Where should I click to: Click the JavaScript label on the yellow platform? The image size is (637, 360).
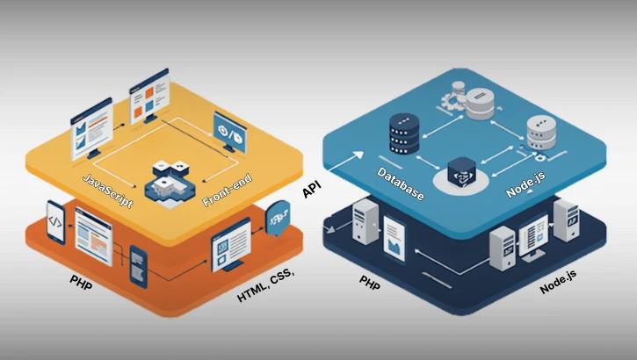(107, 190)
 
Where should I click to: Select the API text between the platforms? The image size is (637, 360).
(312, 191)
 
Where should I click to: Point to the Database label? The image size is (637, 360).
(401, 183)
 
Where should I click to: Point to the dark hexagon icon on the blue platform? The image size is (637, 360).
(463, 170)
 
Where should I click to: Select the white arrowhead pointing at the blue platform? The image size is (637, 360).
(358, 156)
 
